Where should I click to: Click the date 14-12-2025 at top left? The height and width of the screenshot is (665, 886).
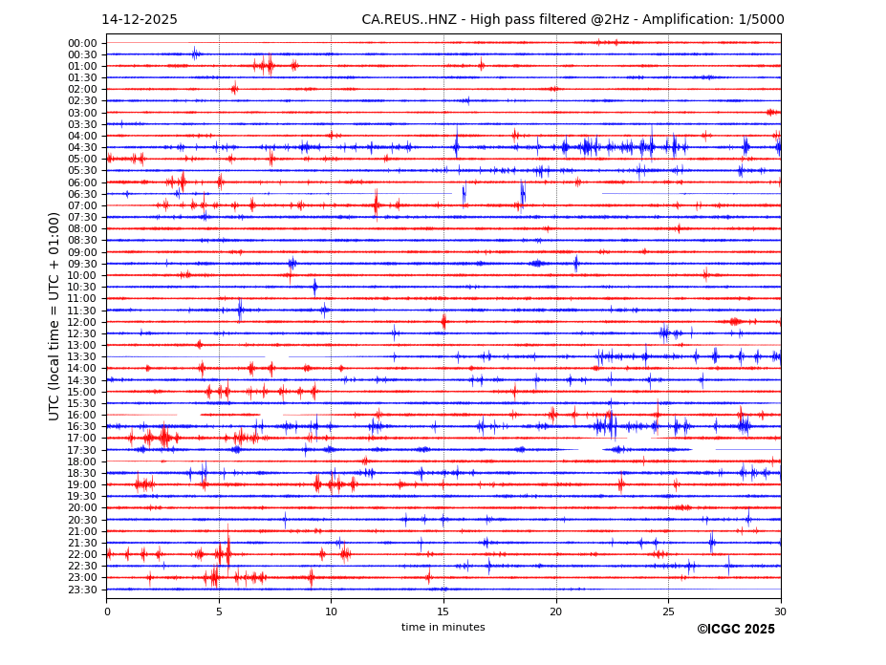[x=140, y=20]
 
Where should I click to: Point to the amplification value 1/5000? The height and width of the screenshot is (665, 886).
[x=759, y=20]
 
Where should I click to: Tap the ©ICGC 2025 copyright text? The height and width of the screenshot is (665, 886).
[x=735, y=630]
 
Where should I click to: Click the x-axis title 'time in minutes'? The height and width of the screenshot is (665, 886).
[x=443, y=628]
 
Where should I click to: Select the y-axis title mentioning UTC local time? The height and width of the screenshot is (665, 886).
[x=54, y=316]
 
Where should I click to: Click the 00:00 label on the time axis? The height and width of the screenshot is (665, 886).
[x=82, y=43]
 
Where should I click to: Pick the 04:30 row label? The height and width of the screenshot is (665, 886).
[x=82, y=147]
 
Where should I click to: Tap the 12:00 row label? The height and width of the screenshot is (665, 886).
[x=82, y=322]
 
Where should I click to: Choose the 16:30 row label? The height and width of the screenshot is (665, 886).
[x=82, y=426]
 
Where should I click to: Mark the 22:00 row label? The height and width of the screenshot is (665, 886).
[x=82, y=554]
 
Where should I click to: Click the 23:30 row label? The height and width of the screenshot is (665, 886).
[x=82, y=590]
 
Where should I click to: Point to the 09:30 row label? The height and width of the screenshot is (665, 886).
[x=82, y=264]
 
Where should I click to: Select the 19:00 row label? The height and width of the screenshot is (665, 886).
[x=82, y=484]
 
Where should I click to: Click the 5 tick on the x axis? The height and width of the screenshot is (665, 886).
[x=219, y=611]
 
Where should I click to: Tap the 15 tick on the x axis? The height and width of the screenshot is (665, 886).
[x=443, y=611]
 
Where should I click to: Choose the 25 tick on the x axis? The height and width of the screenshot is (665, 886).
[x=668, y=611]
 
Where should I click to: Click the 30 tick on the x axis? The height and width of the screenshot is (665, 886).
[x=780, y=611]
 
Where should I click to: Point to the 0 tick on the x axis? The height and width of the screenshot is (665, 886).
[x=107, y=611]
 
